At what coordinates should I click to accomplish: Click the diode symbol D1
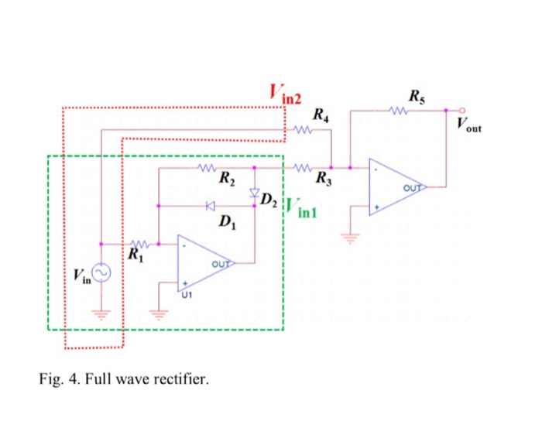(x=210, y=206)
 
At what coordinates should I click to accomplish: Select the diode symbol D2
(x=254, y=190)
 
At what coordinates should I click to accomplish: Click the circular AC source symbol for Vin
(x=101, y=272)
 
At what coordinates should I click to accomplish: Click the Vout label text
(x=468, y=125)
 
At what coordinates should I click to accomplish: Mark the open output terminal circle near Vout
(x=462, y=110)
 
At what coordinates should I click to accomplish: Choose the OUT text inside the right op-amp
(x=413, y=187)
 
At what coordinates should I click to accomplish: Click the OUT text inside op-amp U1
(x=221, y=264)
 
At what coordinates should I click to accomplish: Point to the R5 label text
(x=416, y=97)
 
